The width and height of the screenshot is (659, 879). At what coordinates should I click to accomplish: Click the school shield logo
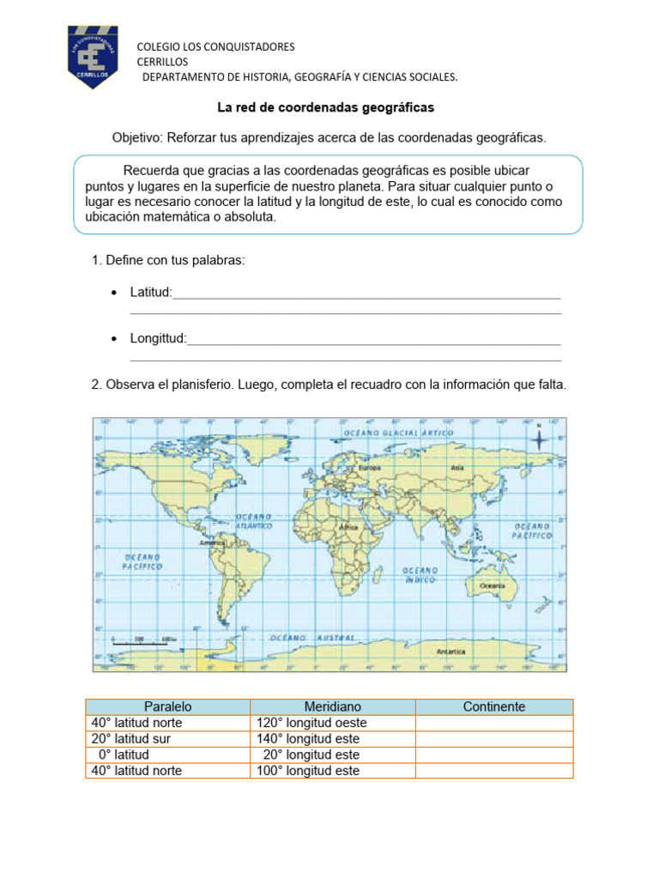(x=99, y=58)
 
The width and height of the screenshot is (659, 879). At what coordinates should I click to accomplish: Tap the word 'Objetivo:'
(x=137, y=137)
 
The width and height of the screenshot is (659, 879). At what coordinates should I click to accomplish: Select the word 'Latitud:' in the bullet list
(x=151, y=293)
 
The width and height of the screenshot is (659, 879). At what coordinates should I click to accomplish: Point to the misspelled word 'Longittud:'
(x=158, y=339)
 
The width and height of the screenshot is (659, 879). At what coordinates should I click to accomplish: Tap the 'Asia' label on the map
(x=456, y=468)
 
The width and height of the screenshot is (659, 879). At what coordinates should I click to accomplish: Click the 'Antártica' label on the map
(x=451, y=652)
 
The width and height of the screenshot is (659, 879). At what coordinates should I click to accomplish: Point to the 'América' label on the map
(x=212, y=543)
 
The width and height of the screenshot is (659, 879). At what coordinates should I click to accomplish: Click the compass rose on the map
(x=538, y=440)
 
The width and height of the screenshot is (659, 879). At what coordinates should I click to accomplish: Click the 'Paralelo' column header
(x=167, y=706)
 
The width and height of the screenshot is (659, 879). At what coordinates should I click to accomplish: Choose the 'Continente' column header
(x=493, y=706)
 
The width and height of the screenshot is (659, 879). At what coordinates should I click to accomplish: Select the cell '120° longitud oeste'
(x=311, y=723)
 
